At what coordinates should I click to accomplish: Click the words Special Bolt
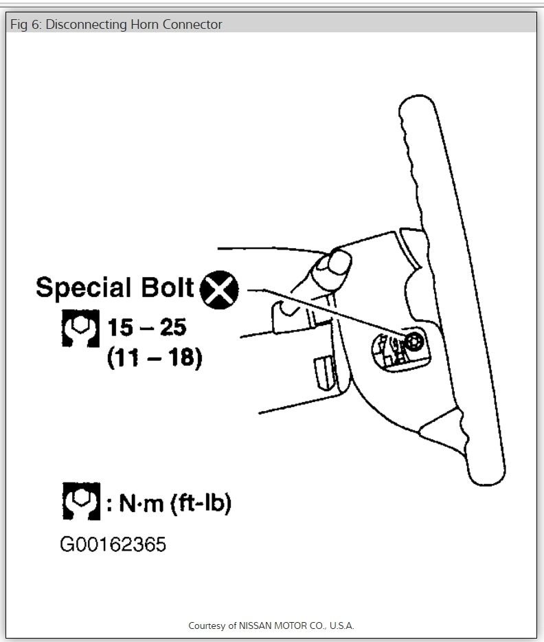115,287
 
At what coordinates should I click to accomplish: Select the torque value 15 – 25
147,328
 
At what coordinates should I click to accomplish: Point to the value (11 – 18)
155,359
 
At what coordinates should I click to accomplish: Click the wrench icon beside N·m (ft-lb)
80,502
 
